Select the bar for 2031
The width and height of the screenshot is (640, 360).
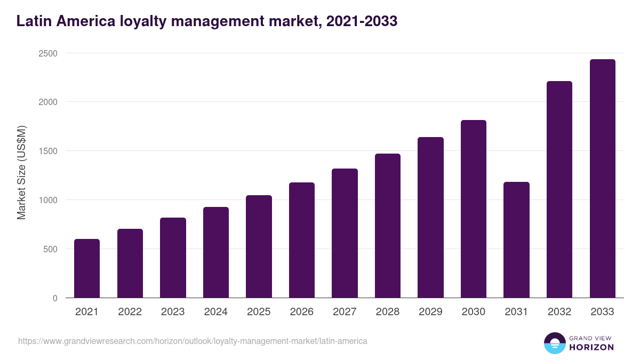click(516, 240)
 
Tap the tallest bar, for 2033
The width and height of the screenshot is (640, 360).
click(602, 179)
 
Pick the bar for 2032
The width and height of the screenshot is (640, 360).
click(559, 189)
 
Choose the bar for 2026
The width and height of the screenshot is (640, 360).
click(302, 240)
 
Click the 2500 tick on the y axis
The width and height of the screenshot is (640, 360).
click(47, 53)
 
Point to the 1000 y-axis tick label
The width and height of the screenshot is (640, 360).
click(47, 200)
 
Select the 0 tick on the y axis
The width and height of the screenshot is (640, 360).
click(55, 298)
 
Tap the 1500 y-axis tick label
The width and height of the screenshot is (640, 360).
click(47, 151)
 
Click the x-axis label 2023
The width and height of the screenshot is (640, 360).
click(173, 312)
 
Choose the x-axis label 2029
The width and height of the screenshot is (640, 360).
click(430, 312)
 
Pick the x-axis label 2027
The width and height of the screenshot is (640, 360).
click(345, 312)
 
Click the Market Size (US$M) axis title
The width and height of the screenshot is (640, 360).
click(21, 173)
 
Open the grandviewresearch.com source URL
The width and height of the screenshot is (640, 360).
click(193, 341)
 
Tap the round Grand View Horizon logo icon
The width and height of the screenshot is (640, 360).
click(554, 343)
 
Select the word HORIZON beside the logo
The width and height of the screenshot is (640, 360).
click(591, 347)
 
